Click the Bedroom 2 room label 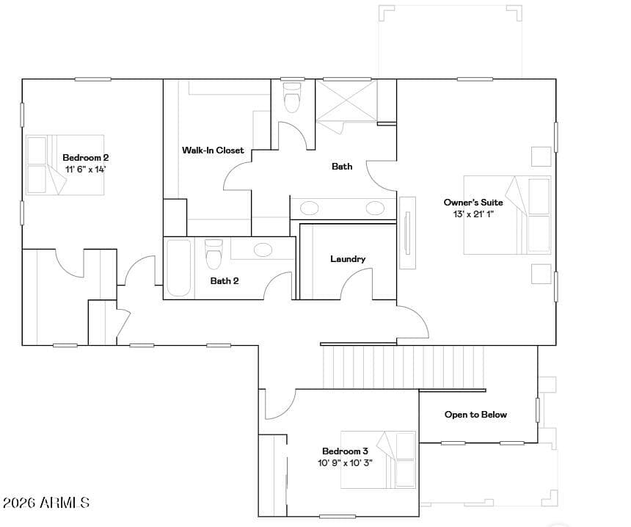coord(86,157)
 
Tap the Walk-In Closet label coord(213,150)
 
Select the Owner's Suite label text coord(473,202)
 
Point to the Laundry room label coord(348,259)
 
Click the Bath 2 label coord(225,280)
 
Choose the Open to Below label coord(475,414)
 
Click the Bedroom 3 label coord(346,451)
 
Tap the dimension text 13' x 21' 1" coord(473,214)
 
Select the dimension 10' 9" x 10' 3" coord(346,462)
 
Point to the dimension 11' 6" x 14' coord(86,169)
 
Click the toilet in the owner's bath coord(293,98)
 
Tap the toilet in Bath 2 coord(214,255)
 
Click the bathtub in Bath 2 coord(179,268)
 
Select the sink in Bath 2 coord(263,250)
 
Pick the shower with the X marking coord(346,101)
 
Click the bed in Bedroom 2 coord(65,165)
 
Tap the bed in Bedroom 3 coord(379,459)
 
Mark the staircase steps coord(404,367)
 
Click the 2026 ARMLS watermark coord(46,503)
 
